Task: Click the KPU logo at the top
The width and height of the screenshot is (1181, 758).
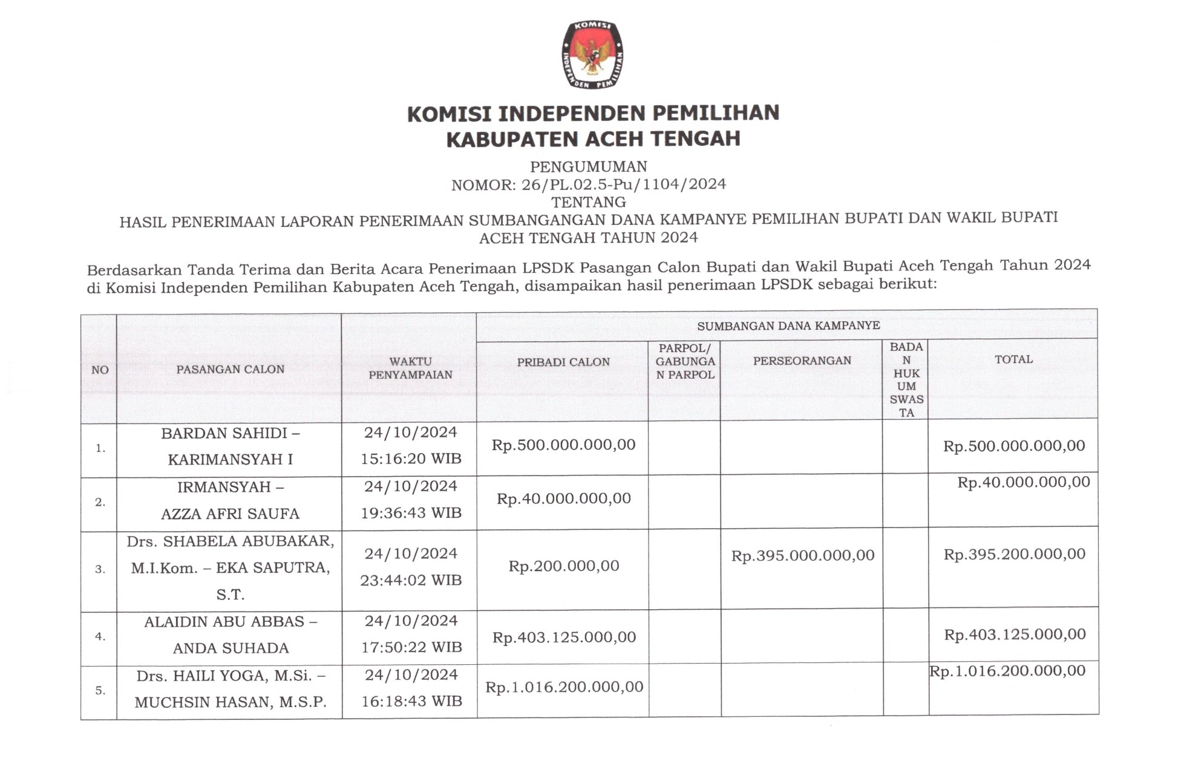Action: click(x=592, y=55)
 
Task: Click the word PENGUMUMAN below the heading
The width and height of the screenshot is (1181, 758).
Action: click(x=589, y=166)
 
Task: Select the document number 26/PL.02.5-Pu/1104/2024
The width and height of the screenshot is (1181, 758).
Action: click(x=624, y=184)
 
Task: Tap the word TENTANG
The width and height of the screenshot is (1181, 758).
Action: click(x=589, y=201)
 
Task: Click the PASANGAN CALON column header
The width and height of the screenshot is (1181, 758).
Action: click(x=230, y=369)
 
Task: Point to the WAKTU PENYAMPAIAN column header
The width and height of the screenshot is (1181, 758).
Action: click(x=410, y=368)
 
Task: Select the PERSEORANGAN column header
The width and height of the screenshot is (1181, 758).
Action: click(x=802, y=361)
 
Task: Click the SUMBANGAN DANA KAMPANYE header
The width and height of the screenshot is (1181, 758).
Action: click(x=788, y=325)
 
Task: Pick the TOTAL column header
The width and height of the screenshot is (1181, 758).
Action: click(x=1013, y=359)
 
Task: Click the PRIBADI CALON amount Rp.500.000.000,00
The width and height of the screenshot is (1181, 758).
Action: click(x=563, y=445)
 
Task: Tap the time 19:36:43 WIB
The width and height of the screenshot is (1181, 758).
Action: click(x=411, y=513)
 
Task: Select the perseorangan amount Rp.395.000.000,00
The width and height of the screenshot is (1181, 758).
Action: click(x=803, y=555)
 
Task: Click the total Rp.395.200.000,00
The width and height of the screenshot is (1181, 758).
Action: click(x=1015, y=554)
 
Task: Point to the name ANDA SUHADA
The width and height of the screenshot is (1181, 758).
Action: click(x=231, y=649)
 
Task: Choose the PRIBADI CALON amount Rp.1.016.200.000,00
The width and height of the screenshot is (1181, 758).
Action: click(x=564, y=687)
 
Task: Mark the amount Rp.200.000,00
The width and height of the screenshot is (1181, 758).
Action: click(x=564, y=566)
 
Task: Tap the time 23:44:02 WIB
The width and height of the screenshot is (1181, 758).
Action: click(x=411, y=580)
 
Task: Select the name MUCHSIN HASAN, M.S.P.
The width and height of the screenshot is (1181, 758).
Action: click(x=231, y=702)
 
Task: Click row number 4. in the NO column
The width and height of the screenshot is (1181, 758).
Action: click(x=100, y=636)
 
